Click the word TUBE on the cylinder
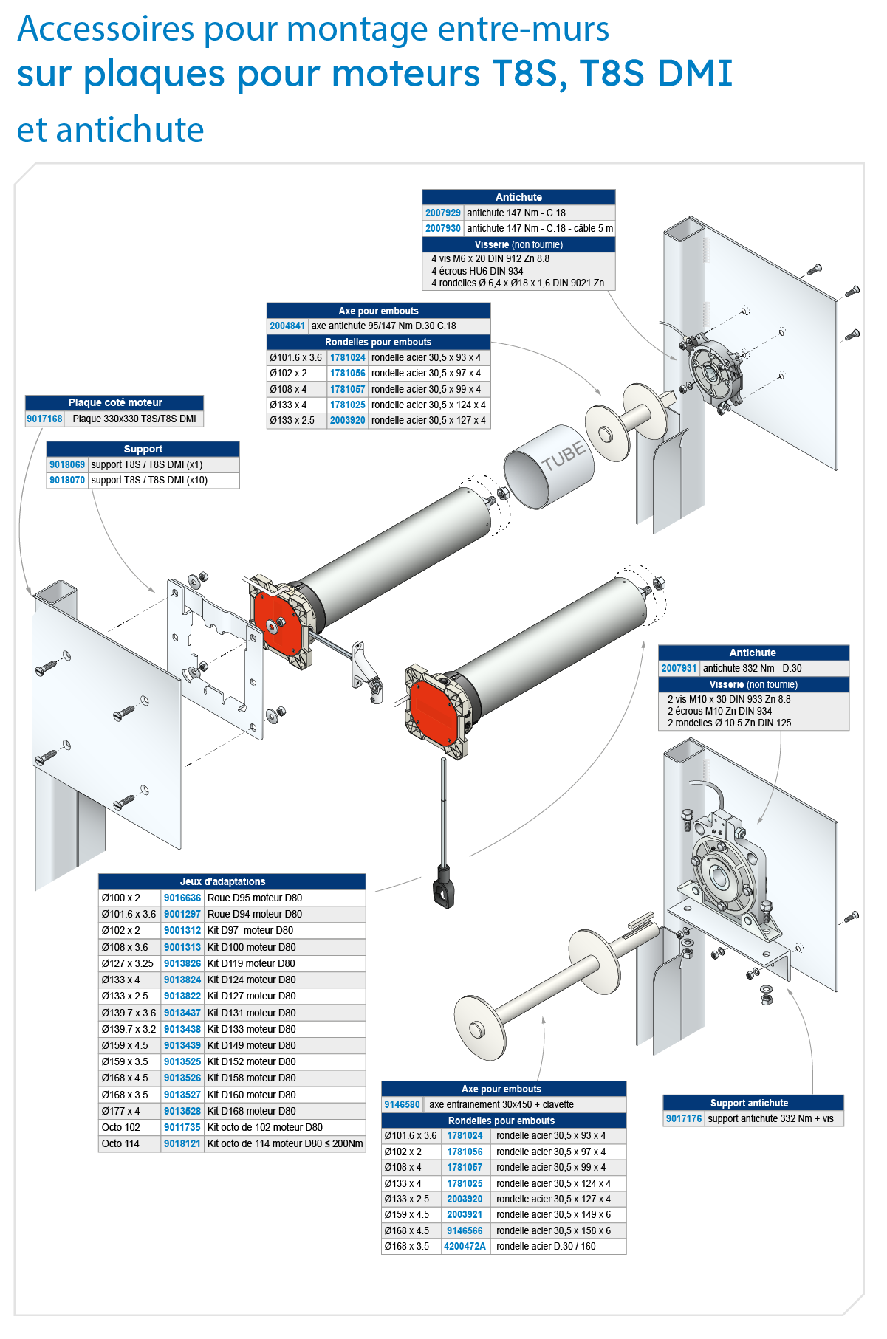(x=564, y=455)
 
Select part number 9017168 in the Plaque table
(x=44, y=419)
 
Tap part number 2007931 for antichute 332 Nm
(x=679, y=668)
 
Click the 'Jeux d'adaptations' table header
(x=222, y=881)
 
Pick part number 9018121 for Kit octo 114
(x=182, y=1143)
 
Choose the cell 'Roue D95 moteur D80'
(x=255, y=898)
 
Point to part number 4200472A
(x=465, y=1246)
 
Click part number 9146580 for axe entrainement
(x=402, y=1104)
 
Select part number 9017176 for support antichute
(x=683, y=1118)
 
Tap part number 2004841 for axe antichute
(x=287, y=326)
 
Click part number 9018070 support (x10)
(x=67, y=480)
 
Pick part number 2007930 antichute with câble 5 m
(x=442, y=228)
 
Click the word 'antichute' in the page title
(x=130, y=131)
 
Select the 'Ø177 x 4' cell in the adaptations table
(x=120, y=1111)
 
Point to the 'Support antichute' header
(x=749, y=1103)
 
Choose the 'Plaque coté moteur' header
(x=115, y=402)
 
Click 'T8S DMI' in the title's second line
(x=656, y=74)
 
